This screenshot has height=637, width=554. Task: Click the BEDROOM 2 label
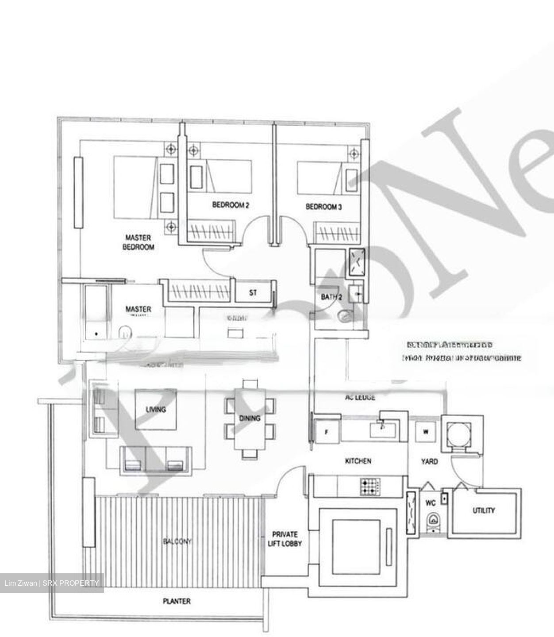tap(231, 205)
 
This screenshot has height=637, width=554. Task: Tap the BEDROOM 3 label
tap(323, 207)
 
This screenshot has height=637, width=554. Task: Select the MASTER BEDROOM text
tap(138, 242)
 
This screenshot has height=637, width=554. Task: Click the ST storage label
tap(253, 292)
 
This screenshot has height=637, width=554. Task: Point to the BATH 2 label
tap(331, 297)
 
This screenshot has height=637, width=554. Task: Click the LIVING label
tap(156, 409)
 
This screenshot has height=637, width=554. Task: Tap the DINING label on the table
tap(250, 418)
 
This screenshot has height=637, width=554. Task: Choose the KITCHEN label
tap(358, 461)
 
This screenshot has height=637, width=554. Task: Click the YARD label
tap(429, 461)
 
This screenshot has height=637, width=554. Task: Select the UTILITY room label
tap(484, 510)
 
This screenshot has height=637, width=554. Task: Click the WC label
tap(431, 503)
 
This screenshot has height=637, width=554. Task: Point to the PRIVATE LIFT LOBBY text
tap(285, 539)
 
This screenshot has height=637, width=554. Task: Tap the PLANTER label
tap(177, 601)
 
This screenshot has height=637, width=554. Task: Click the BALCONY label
tap(177, 541)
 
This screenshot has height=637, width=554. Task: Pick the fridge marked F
tap(327, 432)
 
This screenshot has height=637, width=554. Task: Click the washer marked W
tap(426, 432)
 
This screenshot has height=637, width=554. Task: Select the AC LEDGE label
tap(360, 397)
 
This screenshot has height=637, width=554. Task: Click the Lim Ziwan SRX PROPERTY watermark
tap(52, 583)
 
